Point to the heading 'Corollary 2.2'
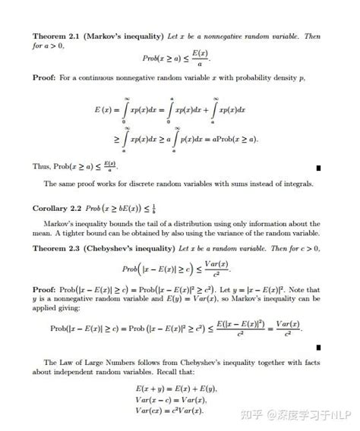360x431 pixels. pos(59,207)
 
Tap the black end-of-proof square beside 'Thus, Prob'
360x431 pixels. pos(319,167)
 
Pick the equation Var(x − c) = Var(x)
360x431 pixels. pos(169,400)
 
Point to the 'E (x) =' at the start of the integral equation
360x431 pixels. pos(107,110)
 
